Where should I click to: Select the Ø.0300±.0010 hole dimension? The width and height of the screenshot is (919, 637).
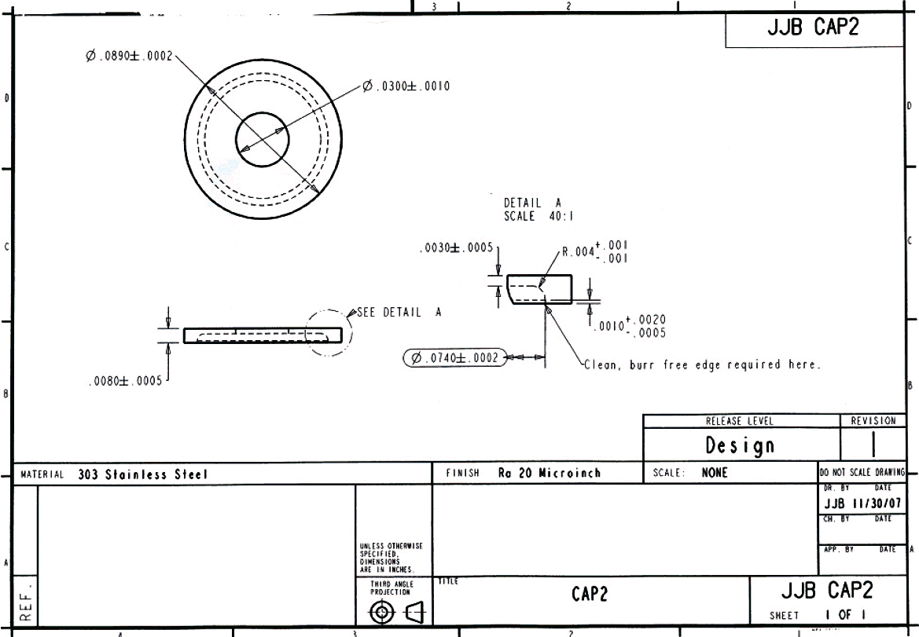coord(406,86)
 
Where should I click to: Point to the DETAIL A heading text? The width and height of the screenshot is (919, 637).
coord(532,203)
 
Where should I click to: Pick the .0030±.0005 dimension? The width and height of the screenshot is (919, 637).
coord(456,248)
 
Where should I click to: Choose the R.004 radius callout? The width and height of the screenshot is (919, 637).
coord(594,251)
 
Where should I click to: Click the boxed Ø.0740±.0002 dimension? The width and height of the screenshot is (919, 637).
coord(454,358)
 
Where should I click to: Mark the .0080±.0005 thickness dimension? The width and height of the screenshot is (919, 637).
coord(125,382)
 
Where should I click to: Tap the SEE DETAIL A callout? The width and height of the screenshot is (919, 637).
coord(399,312)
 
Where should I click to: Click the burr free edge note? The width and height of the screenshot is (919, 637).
coord(702,364)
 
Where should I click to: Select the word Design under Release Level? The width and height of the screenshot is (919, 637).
coord(739,446)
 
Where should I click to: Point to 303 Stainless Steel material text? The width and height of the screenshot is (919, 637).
coord(142,474)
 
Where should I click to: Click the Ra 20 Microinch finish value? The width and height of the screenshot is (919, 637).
coord(549,473)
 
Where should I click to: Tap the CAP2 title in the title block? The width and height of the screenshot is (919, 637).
coord(590,595)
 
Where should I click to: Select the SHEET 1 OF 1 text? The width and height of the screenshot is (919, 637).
coord(818,615)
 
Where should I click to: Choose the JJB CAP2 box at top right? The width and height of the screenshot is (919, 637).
coord(813,29)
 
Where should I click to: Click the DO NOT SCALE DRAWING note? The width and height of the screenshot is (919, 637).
coord(862,473)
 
